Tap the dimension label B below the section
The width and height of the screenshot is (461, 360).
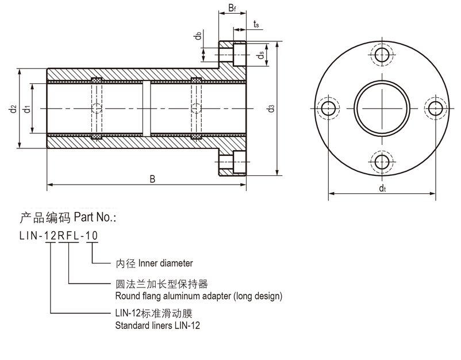coord(152,179)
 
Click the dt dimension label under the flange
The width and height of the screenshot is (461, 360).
coord(382,188)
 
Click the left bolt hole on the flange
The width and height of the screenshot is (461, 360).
coord(329,108)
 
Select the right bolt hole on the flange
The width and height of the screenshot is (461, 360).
coord(435,108)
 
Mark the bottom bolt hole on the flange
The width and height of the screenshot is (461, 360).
coord(382,162)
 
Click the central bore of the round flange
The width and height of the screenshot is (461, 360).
coord(382,108)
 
